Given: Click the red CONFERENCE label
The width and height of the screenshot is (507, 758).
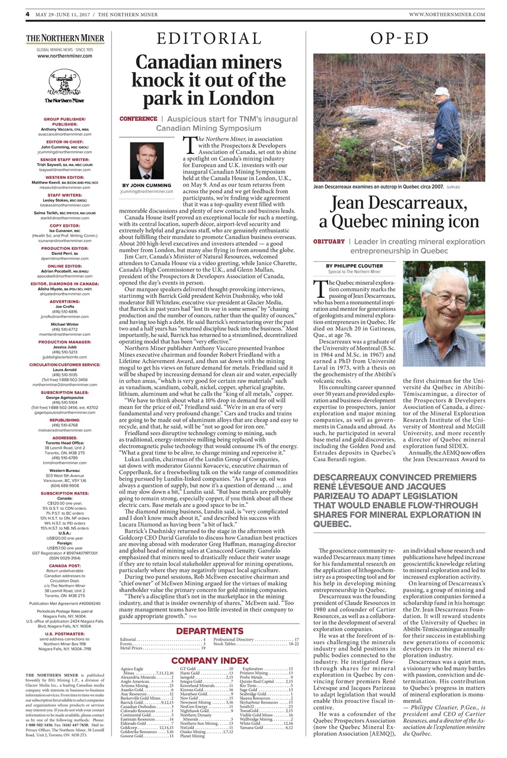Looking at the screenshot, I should point(138,119).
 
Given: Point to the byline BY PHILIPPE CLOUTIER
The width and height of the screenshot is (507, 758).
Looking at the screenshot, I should point(354,266).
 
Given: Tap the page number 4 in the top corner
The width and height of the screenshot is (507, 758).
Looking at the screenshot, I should point(27,14).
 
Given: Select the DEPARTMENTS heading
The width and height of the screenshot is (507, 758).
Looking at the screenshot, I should point(209,631).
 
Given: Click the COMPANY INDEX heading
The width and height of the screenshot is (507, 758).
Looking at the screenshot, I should point(210,660).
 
